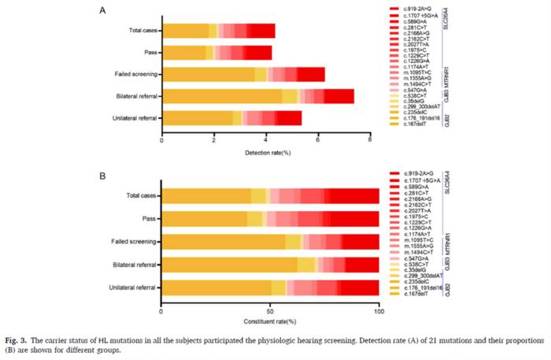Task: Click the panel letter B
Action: [103, 167]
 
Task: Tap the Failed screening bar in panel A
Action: [243, 75]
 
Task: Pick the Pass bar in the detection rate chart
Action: [216, 53]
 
